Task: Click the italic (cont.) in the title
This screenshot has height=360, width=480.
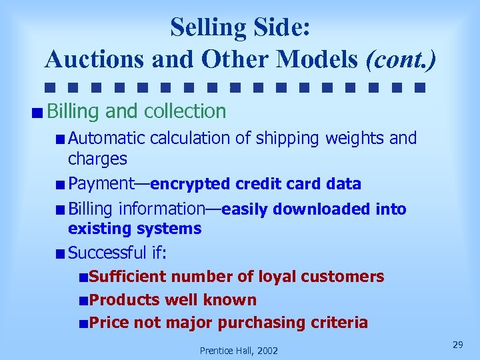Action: [x=401, y=59]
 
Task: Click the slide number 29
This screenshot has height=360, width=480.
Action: [x=457, y=344]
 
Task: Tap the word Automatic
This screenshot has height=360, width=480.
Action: [x=107, y=139]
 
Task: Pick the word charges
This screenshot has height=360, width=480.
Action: [x=97, y=159]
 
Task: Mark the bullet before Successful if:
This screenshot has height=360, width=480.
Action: [x=61, y=253]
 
